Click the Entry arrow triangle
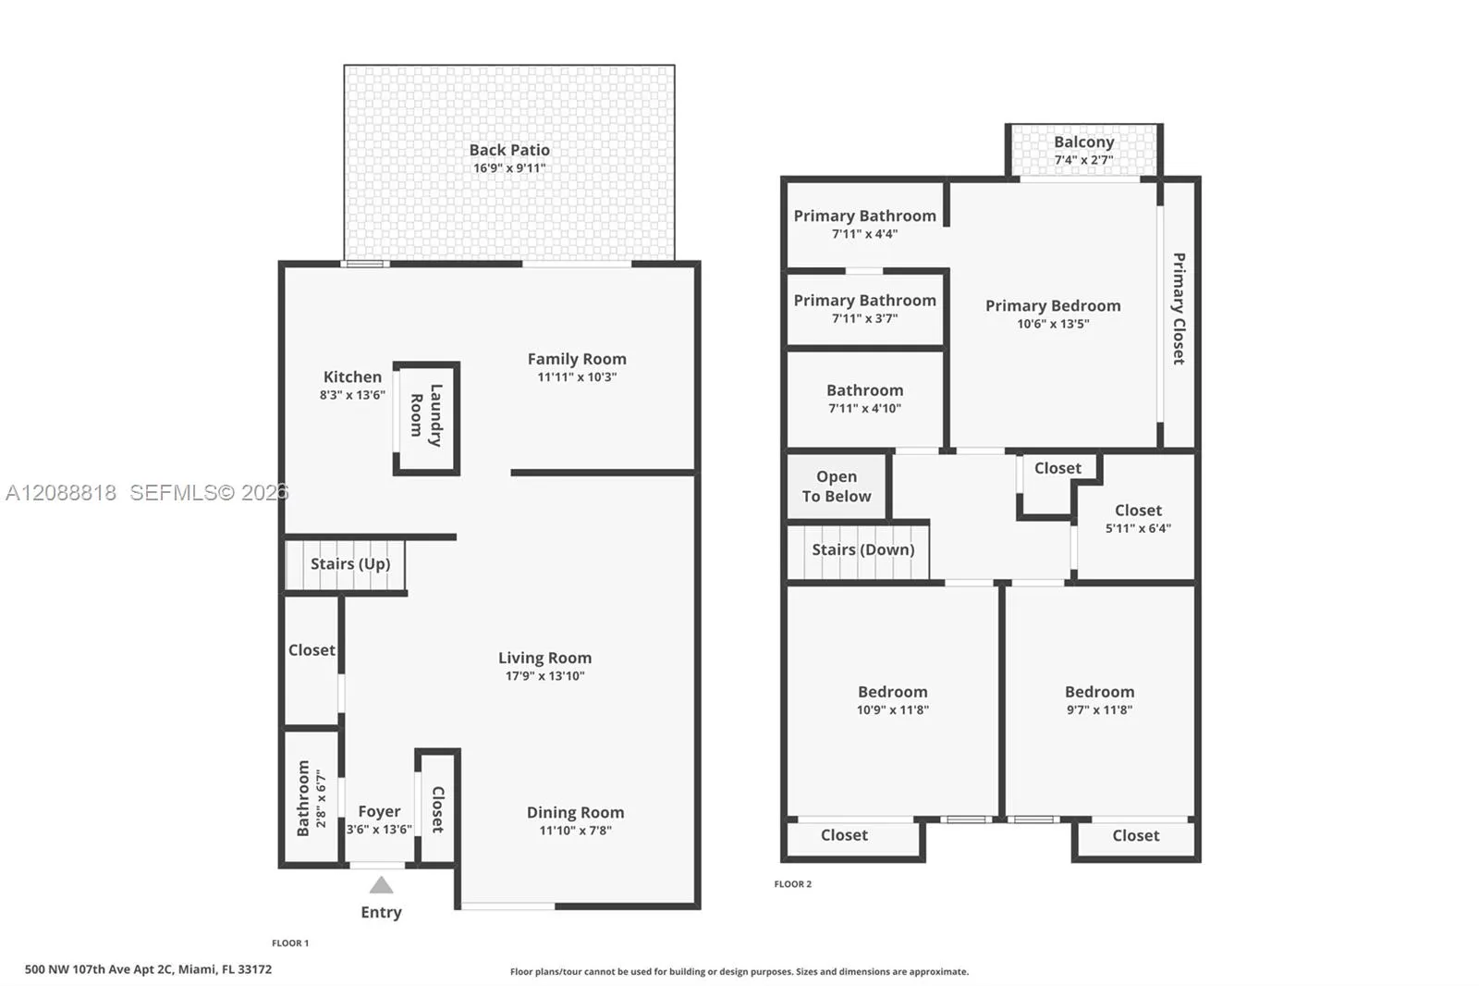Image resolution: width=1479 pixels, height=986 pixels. (381, 885)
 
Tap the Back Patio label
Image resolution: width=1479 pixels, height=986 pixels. (509, 150)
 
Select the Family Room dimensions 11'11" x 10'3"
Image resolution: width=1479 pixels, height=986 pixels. (577, 376)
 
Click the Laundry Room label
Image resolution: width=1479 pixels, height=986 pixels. (426, 415)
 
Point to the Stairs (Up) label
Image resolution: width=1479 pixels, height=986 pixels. (350, 563)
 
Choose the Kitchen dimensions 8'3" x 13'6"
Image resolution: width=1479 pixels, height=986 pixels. (352, 395)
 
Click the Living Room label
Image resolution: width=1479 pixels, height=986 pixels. (544, 658)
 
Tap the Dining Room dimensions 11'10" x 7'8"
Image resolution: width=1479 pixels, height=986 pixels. (576, 830)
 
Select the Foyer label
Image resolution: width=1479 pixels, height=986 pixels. (379, 811)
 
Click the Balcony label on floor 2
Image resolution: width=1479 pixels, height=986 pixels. (1083, 142)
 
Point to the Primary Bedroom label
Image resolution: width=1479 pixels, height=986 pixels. (1053, 305)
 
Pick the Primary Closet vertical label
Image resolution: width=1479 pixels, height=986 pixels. (1179, 309)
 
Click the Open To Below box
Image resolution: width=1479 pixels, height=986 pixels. (837, 486)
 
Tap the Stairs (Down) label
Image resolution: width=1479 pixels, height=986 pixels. (863, 549)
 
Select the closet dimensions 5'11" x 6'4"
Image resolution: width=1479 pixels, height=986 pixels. (1138, 528)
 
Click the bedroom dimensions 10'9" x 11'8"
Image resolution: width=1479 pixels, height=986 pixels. (893, 709)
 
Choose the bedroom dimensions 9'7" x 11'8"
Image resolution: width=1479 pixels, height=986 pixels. (1099, 709)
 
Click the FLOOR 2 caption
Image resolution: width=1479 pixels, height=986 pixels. (793, 883)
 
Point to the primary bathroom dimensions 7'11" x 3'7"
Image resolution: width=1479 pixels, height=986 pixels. (865, 318)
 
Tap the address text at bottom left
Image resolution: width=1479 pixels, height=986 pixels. (149, 968)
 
